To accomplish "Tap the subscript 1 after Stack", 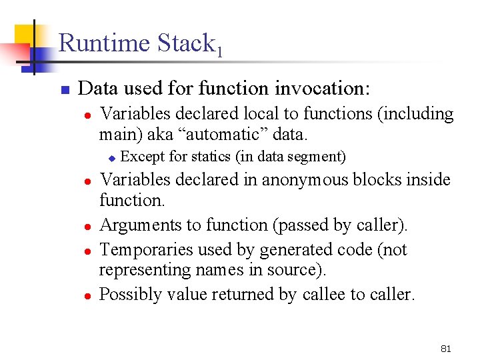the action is point(219,51).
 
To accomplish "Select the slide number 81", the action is point(446,349).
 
